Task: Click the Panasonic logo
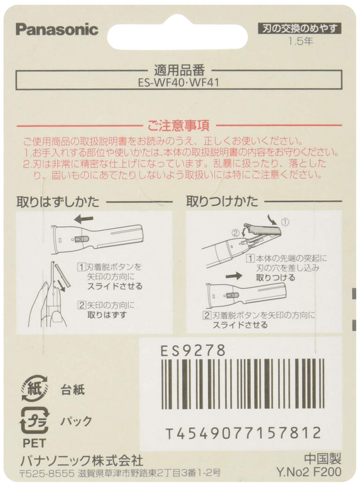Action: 57,29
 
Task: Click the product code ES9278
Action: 194,350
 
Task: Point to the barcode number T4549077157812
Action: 243,433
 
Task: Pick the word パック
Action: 76,422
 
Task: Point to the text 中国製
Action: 323,460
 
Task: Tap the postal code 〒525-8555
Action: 41,473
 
